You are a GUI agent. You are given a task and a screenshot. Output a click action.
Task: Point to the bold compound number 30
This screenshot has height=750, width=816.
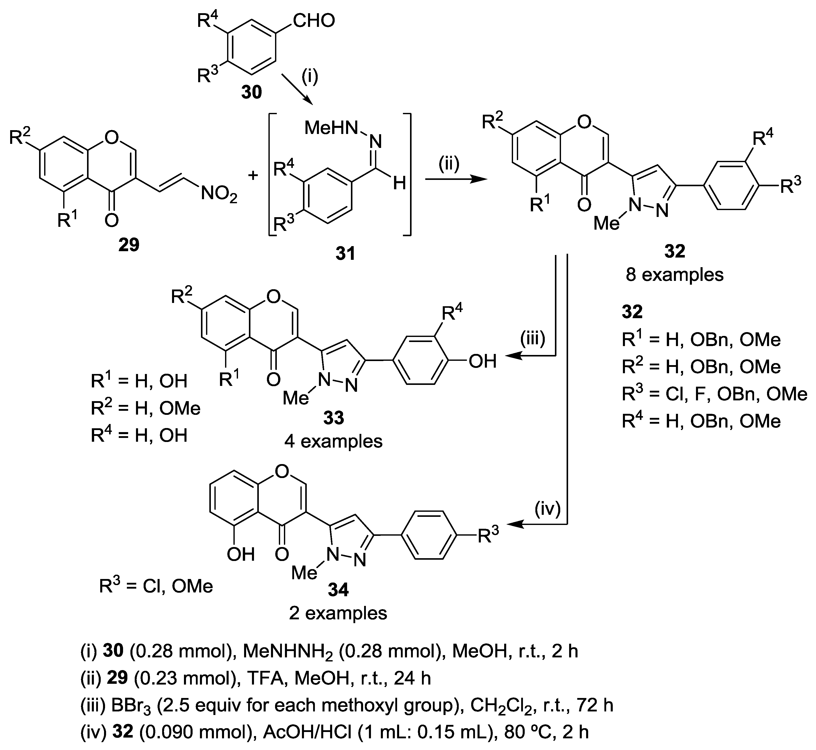252,93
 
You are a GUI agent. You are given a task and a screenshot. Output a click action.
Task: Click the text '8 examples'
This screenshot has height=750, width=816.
674,275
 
